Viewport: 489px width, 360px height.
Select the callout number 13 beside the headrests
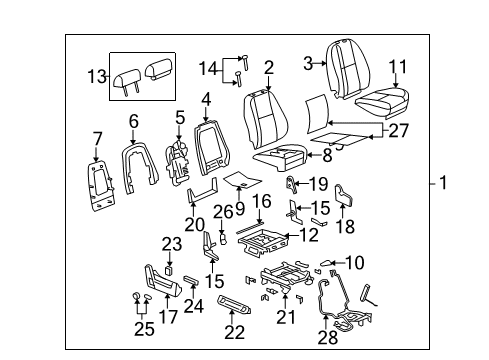95,77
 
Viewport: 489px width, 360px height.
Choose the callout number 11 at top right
398,67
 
